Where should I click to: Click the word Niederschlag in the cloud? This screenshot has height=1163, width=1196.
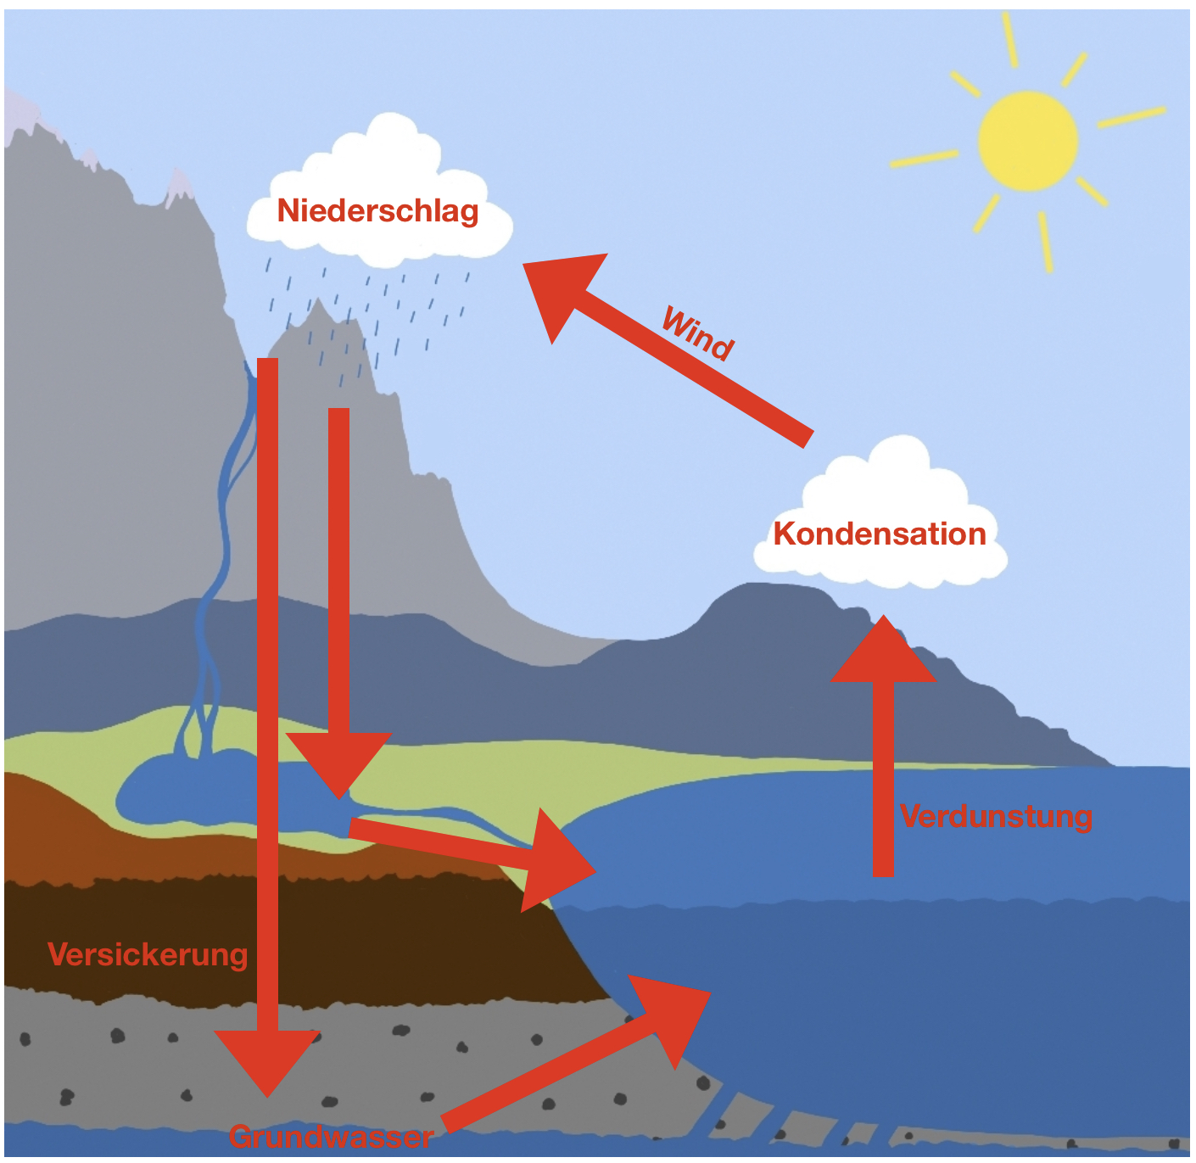coord(377,210)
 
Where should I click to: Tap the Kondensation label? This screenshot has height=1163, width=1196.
coord(880,534)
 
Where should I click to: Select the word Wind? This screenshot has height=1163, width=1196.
coord(697,333)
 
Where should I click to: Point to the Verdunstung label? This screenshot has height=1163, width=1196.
coord(996,816)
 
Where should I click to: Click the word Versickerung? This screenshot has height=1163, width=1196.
coord(148,954)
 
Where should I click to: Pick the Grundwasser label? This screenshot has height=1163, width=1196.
coord(331,1137)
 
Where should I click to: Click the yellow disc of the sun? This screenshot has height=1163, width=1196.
coord(1027,141)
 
